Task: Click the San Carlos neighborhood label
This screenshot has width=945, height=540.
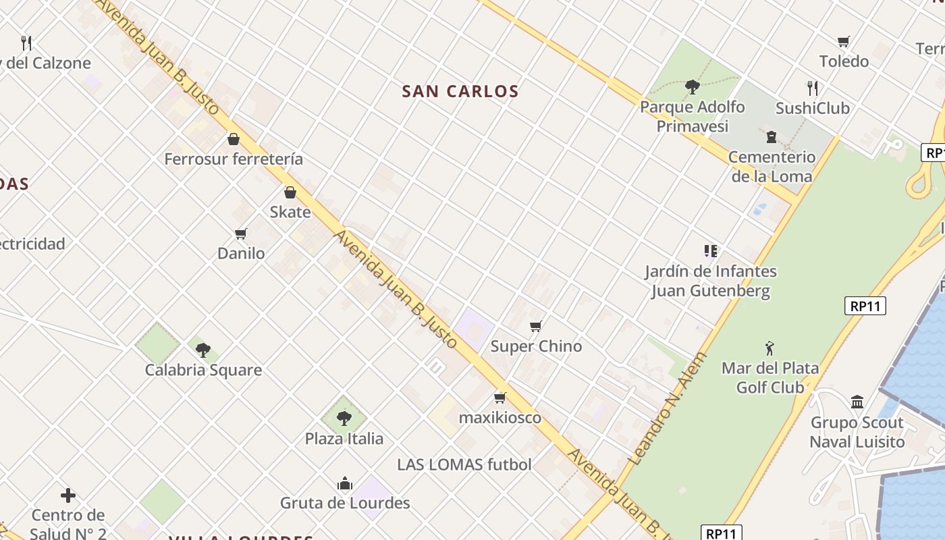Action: (x=460, y=91)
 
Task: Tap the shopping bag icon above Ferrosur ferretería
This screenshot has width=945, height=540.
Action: (x=234, y=139)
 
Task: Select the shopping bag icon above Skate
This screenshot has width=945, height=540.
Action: (x=290, y=192)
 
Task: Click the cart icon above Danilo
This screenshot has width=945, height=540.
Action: (x=241, y=234)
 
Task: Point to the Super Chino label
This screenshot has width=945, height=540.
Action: (x=536, y=346)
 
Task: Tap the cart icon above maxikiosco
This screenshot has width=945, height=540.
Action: (x=500, y=398)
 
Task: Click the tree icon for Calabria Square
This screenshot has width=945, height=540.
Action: (x=203, y=350)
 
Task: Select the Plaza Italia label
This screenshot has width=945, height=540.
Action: (x=344, y=439)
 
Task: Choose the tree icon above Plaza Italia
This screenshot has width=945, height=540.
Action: (x=344, y=418)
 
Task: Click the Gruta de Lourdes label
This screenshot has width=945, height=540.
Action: (x=345, y=503)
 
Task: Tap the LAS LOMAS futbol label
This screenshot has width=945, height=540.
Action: (x=464, y=464)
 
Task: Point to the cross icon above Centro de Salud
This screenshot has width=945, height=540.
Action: (x=68, y=495)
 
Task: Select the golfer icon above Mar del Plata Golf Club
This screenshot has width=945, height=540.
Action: (x=769, y=348)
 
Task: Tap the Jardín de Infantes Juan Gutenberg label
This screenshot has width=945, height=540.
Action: (x=710, y=281)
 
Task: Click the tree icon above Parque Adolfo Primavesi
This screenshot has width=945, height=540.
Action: (x=692, y=86)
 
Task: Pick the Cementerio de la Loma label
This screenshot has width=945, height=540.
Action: (x=772, y=167)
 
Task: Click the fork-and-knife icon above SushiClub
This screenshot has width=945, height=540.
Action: (x=813, y=88)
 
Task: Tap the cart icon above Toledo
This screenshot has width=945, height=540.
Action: (x=844, y=41)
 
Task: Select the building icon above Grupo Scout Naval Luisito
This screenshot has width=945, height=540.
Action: (x=857, y=402)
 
